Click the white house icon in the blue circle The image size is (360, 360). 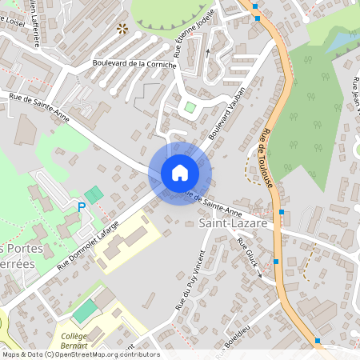pos(180,173)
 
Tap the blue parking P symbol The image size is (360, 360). pos(82,207)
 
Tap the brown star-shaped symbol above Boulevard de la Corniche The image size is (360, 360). pos(122,29)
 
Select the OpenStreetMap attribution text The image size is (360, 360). pos(81,354)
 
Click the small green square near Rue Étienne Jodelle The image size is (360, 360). pos(190,106)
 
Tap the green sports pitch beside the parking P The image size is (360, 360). pos(94,194)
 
